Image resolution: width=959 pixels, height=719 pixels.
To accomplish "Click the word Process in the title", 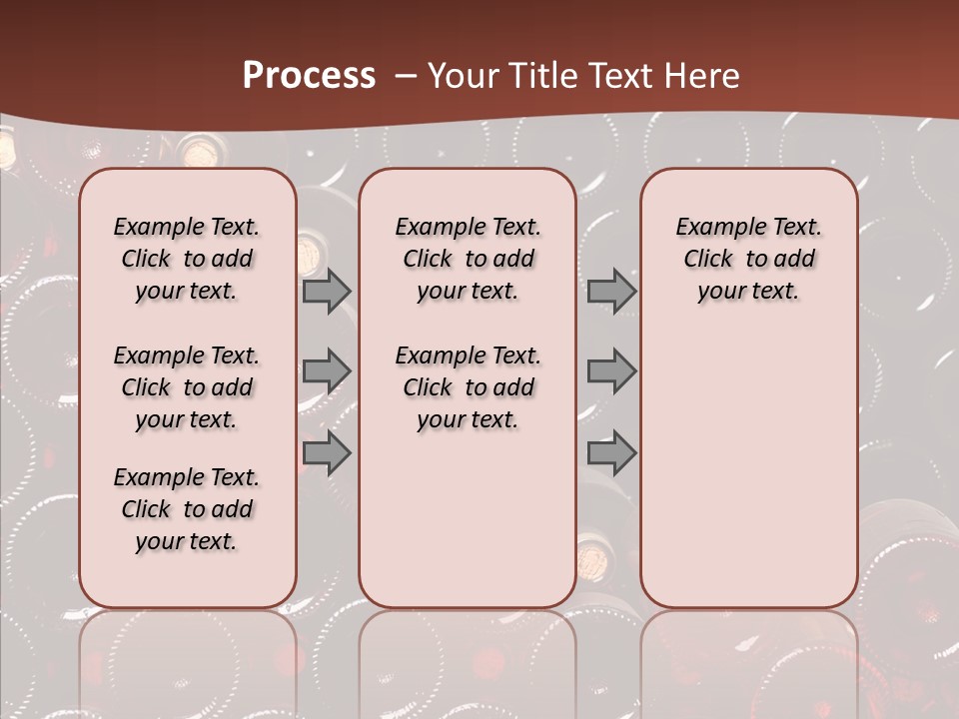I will tap(309, 76).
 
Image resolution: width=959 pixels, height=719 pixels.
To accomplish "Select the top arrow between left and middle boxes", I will tap(327, 292).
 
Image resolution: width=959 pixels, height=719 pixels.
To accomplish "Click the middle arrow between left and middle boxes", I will tap(327, 371).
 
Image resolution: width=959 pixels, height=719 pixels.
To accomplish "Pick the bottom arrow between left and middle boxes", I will tap(327, 453).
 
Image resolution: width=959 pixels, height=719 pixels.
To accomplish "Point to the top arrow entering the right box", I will tap(611, 292).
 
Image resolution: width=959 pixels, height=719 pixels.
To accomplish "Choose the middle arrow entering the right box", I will tap(611, 371).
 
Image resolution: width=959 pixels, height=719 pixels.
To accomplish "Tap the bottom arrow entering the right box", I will tap(611, 453).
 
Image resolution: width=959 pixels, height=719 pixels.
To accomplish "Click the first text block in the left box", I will tap(187, 259).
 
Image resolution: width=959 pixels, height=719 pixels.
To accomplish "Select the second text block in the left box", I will tap(187, 387).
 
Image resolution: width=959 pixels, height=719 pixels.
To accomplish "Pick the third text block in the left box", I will tap(187, 509).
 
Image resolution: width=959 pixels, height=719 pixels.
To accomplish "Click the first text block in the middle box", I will tap(468, 259).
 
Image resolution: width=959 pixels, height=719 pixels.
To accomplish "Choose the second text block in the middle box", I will tap(468, 387).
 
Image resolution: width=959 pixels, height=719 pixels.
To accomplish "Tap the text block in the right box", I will tap(748, 259).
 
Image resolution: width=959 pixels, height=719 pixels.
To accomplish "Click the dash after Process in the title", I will tap(406, 76).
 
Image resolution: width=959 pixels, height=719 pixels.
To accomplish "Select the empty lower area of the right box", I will tap(748, 469).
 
